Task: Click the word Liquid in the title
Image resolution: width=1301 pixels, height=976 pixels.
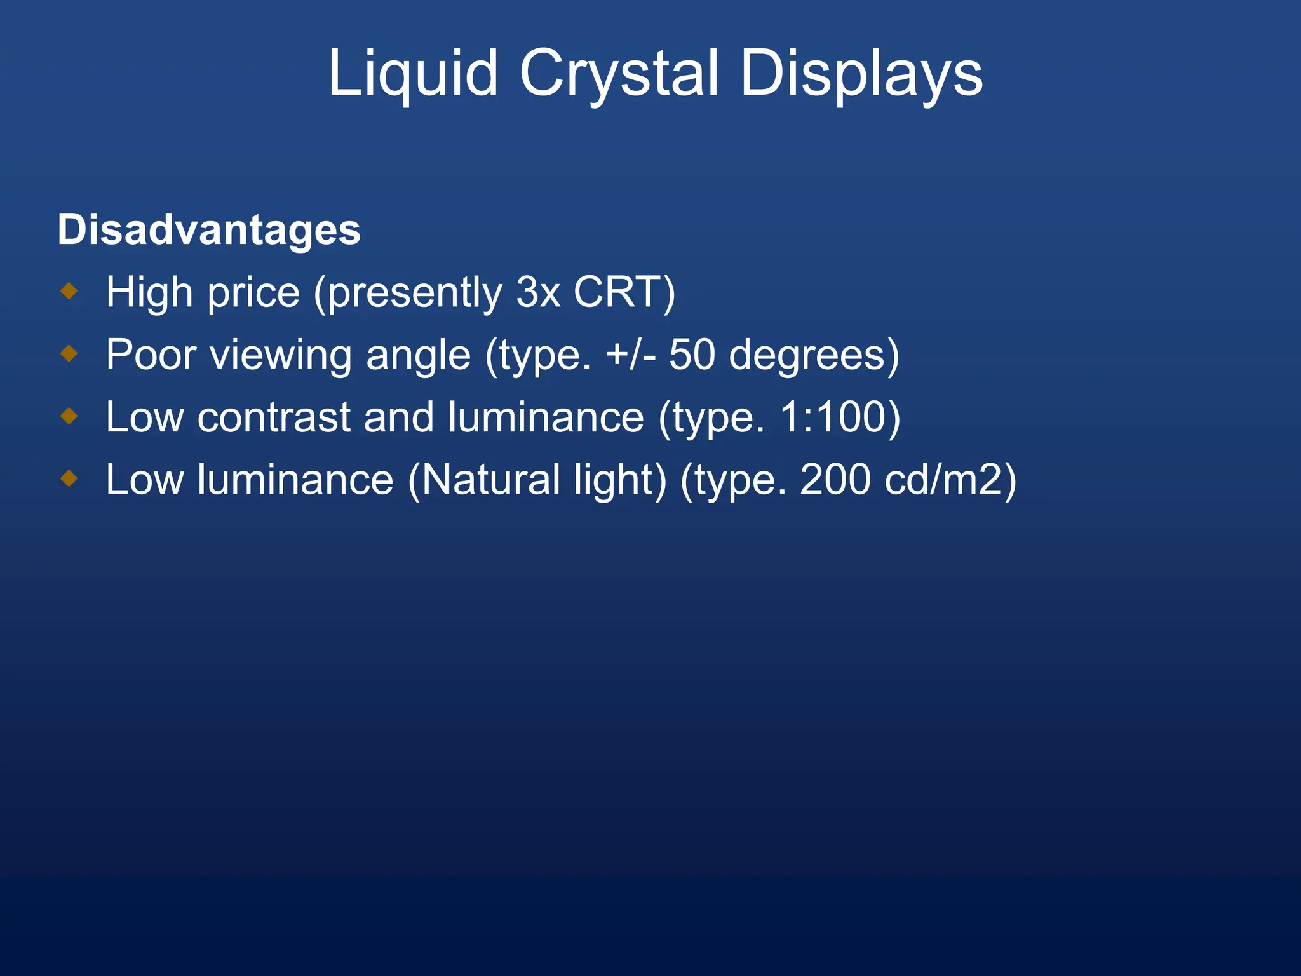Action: [412, 74]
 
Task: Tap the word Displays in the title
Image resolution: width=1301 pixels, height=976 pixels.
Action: [861, 74]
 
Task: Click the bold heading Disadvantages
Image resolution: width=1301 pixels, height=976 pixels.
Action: [209, 229]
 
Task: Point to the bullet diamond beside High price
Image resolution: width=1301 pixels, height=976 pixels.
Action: [69, 292]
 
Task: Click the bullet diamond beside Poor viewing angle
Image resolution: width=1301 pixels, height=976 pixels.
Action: [69, 354]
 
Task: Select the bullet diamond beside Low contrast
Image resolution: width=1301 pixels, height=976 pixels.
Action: [69, 416]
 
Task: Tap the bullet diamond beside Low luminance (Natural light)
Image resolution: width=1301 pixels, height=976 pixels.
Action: [69, 478]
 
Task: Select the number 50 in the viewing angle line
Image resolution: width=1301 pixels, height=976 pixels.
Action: [692, 355]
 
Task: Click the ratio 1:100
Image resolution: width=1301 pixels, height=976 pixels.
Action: [832, 417]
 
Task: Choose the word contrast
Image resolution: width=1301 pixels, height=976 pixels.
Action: [274, 417]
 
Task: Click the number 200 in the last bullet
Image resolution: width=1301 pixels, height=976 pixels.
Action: [835, 479]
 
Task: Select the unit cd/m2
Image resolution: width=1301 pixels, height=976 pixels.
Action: [943, 479]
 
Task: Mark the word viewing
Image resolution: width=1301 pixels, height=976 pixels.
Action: [281, 356]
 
